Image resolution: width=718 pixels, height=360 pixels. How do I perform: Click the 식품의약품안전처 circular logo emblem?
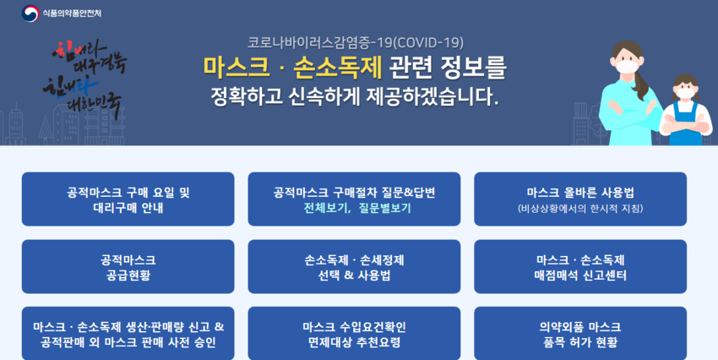(30, 14)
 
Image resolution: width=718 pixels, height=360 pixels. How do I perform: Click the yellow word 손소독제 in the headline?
(338, 68)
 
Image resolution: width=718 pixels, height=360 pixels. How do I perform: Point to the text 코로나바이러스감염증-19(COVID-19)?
(356, 42)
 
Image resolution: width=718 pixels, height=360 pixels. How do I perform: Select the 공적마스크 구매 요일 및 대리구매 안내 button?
(128, 199)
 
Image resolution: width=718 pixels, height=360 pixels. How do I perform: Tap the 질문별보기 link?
(385, 209)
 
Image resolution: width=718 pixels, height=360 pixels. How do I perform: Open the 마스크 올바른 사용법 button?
(580, 199)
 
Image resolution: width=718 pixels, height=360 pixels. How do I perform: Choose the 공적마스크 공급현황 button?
(128, 266)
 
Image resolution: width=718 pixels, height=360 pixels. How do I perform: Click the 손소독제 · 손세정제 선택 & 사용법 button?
(354, 266)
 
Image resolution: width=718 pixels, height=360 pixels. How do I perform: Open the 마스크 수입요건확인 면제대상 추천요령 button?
(354, 334)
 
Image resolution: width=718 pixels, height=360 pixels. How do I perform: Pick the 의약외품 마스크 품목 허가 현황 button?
(580, 334)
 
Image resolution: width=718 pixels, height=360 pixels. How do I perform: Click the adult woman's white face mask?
(627, 66)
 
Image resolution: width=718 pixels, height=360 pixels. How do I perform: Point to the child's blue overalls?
(686, 127)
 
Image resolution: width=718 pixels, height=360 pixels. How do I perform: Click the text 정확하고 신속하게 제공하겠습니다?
(354, 96)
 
